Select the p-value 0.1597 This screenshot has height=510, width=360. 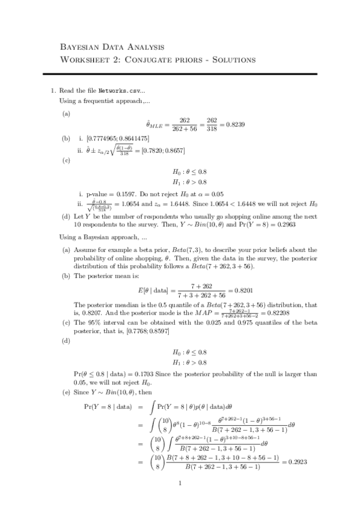(126, 195)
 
